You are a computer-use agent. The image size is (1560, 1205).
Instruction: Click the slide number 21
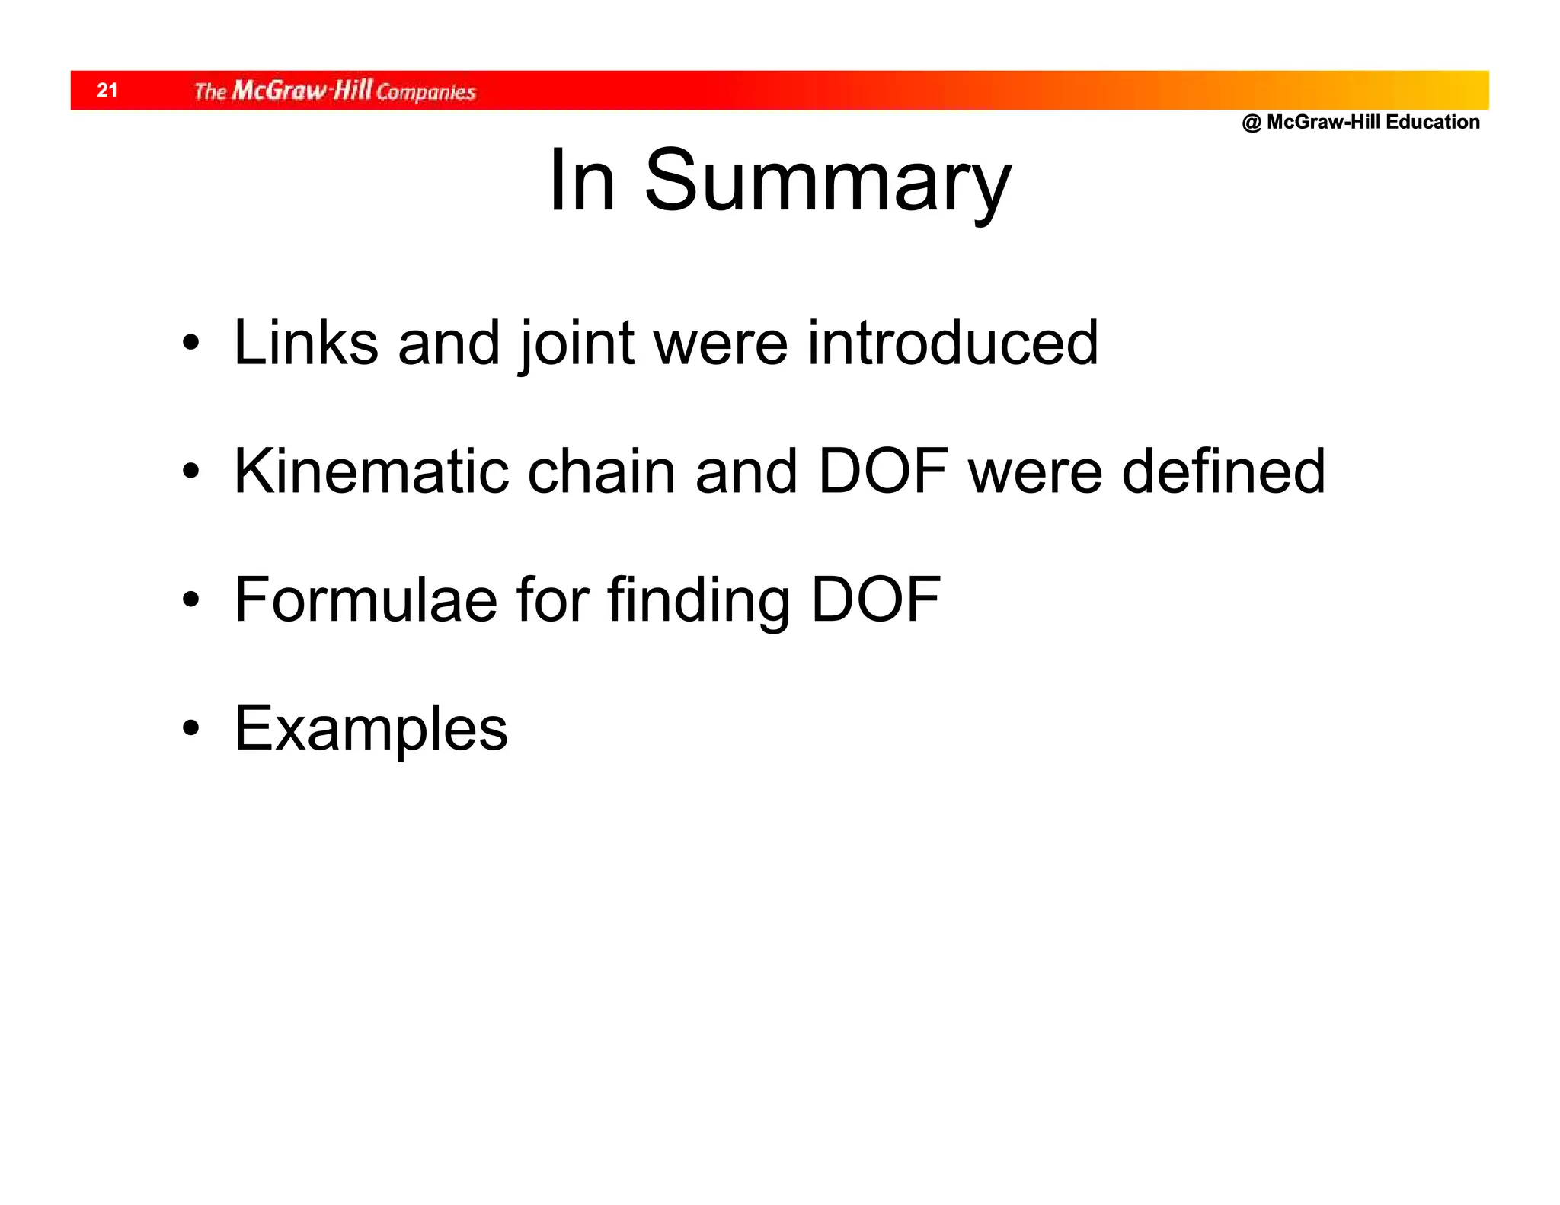point(107,91)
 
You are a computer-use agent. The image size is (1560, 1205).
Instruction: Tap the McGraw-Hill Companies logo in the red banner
point(334,91)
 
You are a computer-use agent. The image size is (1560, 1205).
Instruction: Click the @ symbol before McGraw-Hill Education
point(1252,123)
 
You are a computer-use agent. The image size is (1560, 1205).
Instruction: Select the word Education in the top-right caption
point(1433,122)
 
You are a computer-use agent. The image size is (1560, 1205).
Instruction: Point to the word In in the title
point(581,181)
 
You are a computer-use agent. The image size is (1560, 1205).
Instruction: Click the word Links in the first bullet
point(305,344)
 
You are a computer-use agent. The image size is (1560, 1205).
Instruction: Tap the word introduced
point(952,344)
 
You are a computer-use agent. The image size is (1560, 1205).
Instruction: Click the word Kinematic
point(371,471)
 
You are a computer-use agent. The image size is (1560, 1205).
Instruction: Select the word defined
point(1223,471)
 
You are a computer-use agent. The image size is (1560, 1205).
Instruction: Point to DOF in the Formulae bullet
point(876,599)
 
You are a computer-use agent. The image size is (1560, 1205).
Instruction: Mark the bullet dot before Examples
point(190,729)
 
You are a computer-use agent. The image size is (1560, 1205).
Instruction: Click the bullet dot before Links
point(190,344)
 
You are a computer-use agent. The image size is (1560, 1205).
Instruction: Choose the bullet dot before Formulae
point(190,600)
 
